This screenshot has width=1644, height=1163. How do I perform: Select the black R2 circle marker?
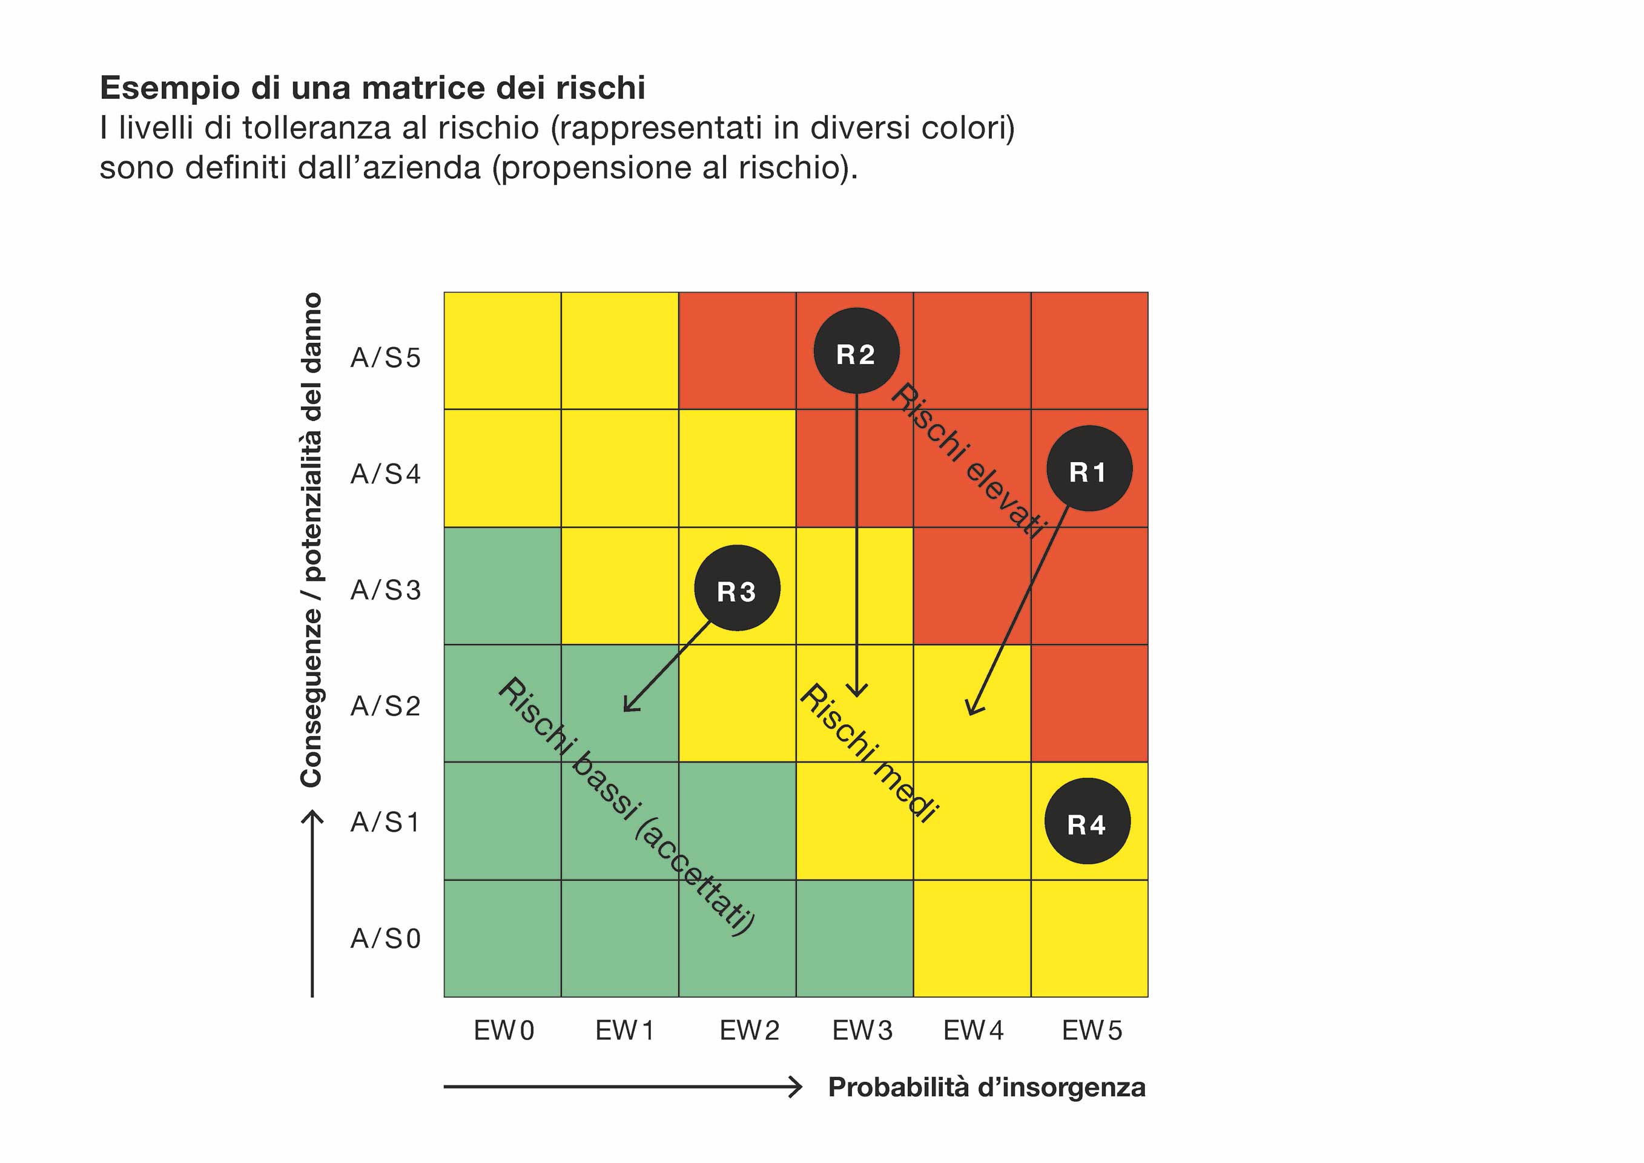856,351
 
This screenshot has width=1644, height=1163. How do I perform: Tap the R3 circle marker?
738,589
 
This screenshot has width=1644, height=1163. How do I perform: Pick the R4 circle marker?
1088,821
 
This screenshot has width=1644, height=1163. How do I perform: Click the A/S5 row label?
385,357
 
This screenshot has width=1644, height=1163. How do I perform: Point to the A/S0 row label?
385,938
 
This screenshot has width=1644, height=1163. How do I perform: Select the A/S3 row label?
385,590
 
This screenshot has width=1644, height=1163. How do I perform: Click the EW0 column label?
504,1030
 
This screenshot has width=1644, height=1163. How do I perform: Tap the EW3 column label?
862,1030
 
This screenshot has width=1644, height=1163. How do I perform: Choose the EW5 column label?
1092,1030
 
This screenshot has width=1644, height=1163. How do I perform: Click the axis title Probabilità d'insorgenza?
986,1087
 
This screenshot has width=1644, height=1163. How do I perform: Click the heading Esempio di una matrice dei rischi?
372,88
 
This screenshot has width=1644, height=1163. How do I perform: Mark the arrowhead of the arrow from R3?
627,708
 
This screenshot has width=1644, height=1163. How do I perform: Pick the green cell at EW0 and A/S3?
502,586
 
